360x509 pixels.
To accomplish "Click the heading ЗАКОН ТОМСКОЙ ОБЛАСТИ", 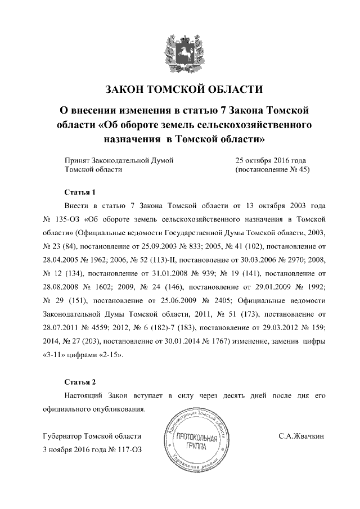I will (180, 89).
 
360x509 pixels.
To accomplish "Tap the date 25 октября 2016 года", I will (272, 160).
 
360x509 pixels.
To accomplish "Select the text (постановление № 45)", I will (273, 169).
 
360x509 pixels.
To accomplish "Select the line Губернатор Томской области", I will (92, 436).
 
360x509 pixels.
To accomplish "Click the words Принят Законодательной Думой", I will (119, 160).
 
